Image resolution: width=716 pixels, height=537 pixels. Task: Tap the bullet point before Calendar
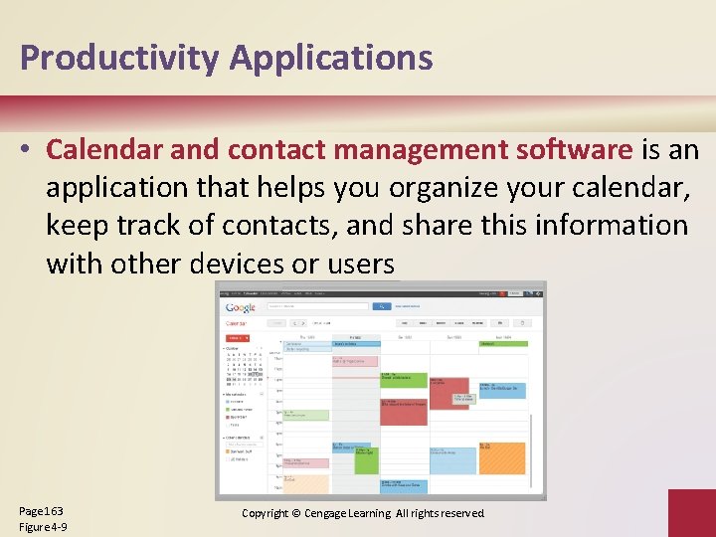(x=30, y=151)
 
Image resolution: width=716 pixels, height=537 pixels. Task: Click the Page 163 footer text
(x=41, y=510)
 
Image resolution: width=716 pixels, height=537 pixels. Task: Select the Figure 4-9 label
(x=43, y=526)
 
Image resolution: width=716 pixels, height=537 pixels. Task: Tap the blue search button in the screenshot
(x=380, y=306)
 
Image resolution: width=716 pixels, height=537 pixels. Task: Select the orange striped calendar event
(x=501, y=458)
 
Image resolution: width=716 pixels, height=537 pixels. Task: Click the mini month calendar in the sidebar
(x=244, y=368)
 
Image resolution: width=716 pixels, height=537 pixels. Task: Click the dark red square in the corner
(x=691, y=512)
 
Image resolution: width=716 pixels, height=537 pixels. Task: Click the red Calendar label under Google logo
(x=236, y=323)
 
